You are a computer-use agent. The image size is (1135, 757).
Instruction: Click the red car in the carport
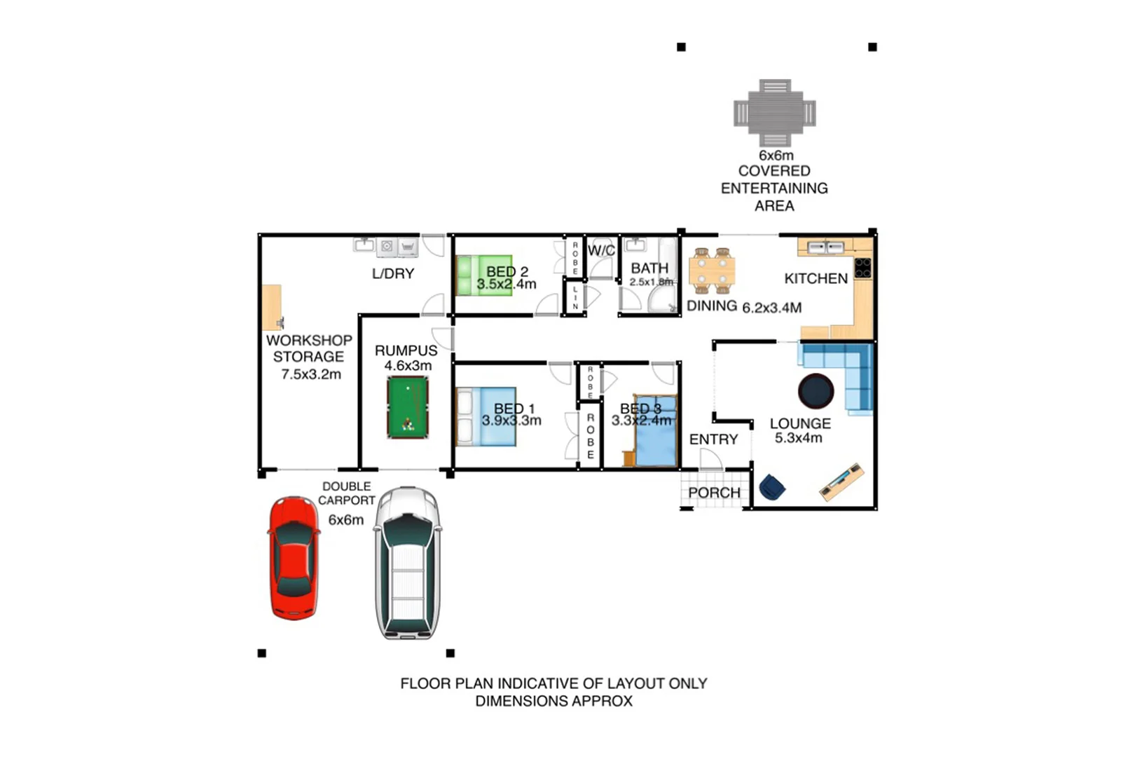coord(294,558)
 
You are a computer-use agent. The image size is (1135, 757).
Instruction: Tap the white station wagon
coord(408,563)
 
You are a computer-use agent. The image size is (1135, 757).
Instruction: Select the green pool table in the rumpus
coord(408,407)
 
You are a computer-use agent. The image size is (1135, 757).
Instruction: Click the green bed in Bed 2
coord(483,275)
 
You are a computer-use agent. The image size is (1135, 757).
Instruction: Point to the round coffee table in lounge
coord(816,391)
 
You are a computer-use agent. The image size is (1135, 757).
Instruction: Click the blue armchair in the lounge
coord(771,486)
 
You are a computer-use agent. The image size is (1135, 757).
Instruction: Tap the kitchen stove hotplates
coord(862,268)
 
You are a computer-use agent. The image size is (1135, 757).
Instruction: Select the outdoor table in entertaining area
coord(775,113)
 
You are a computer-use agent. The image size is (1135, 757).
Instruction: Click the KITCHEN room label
coord(816,279)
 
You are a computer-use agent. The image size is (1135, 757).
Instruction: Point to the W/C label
coord(601,250)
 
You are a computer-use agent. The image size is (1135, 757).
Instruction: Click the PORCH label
coord(714,493)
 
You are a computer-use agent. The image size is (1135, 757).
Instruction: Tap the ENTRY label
coord(713,439)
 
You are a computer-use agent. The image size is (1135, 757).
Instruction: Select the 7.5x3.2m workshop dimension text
coord(311,374)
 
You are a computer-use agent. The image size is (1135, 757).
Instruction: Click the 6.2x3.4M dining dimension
coord(771,308)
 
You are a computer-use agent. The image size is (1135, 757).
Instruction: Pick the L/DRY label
coord(393,273)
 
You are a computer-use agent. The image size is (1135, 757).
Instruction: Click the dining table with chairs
coord(712,270)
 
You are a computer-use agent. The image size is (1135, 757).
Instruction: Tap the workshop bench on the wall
coord(272,307)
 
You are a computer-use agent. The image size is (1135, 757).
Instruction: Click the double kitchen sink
coord(825,247)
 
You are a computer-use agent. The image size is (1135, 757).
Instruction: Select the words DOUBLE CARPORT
coord(347,493)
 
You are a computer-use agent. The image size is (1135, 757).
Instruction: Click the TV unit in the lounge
coord(841,481)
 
